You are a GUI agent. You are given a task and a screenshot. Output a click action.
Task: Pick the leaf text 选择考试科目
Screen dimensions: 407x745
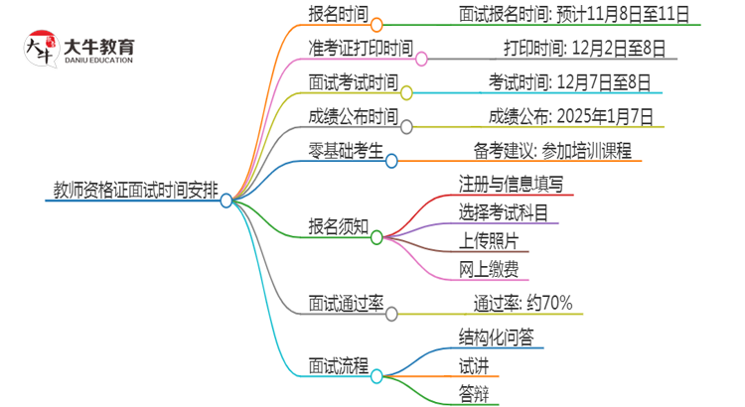pyautogui.click(x=504, y=211)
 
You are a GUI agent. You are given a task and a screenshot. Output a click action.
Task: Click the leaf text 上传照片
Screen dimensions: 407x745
pyautogui.click(x=489, y=240)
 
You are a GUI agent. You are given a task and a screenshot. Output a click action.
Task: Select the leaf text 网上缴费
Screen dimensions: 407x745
pyautogui.click(x=489, y=269)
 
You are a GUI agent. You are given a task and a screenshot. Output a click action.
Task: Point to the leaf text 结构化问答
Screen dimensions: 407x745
pyautogui.click(x=496, y=337)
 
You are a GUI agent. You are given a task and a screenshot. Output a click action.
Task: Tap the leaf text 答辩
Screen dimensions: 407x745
pyautogui.click(x=474, y=394)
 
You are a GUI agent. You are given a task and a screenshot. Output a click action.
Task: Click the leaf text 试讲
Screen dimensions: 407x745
pyautogui.click(x=474, y=365)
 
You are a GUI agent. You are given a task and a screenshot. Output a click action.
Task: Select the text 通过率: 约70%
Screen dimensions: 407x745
pyautogui.click(x=521, y=303)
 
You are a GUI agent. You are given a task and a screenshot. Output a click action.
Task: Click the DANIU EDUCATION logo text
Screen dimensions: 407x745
pyautogui.click(x=97, y=61)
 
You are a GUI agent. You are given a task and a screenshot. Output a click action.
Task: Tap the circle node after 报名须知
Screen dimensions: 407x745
pyautogui.click(x=376, y=237)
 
